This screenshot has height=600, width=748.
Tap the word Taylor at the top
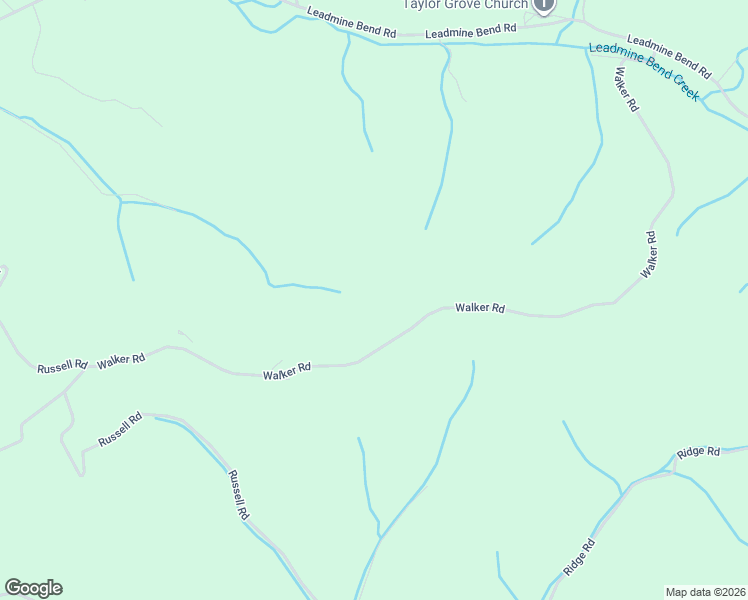422,4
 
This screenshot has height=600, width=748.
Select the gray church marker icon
543,4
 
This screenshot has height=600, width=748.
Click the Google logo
33,588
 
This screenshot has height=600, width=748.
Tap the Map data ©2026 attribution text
704,592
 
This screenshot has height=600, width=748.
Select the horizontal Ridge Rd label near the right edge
698,452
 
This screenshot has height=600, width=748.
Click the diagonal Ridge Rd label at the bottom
579,557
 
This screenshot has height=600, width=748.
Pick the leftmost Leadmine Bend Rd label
352,23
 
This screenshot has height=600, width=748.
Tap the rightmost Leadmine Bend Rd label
669,59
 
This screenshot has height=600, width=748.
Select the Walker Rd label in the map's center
480,308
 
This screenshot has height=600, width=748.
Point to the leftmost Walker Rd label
121,359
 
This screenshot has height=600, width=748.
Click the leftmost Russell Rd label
62,367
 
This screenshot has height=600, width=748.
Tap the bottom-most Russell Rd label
238,495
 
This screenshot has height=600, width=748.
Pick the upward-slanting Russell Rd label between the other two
120,430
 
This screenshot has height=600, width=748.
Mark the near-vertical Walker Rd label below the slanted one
650,254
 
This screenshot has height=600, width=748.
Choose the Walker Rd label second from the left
287,371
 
